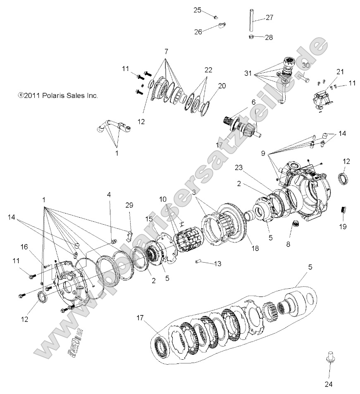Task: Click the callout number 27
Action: [x=269, y=17]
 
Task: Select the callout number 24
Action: [x=329, y=384]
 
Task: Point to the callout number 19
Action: [x=343, y=226]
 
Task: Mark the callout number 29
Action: [x=130, y=205]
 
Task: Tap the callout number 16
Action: [x=25, y=246]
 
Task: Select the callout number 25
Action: [x=197, y=10]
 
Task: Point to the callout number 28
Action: [x=269, y=38]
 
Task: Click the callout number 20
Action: [x=222, y=86]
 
